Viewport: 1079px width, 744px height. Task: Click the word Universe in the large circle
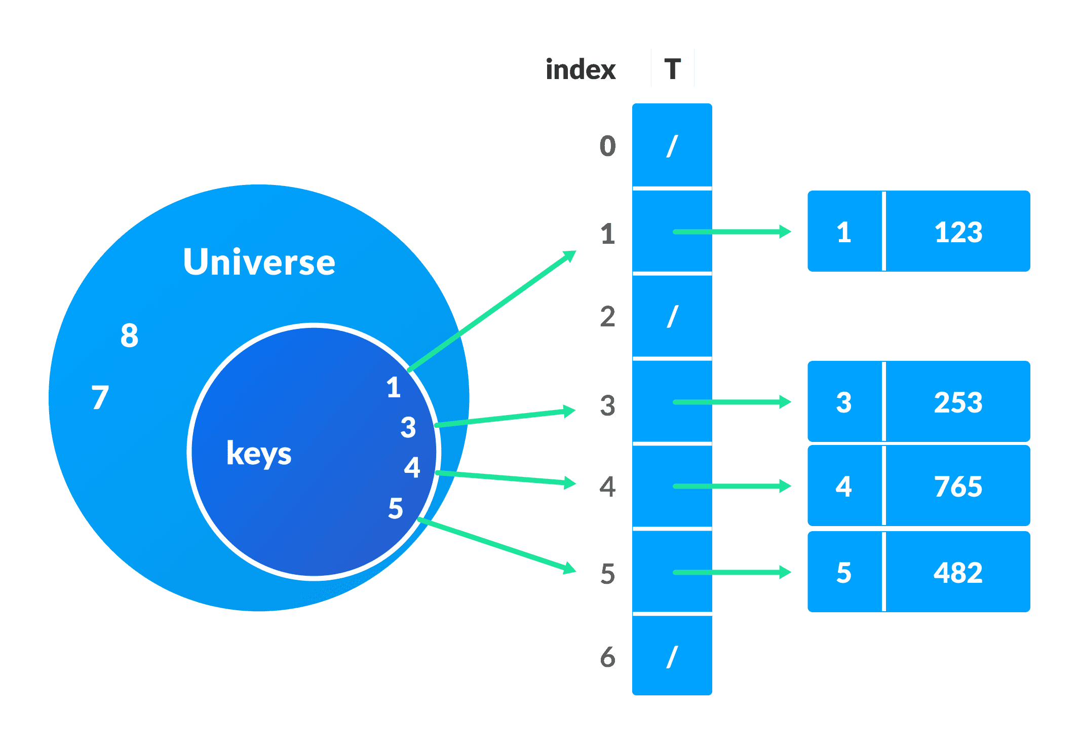[x=259, y=262]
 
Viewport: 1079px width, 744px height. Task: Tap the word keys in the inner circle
[x=259, y=453]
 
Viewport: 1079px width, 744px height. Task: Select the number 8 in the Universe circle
[x=129, y=336]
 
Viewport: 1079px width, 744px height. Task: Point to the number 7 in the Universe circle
[x=100, y=397]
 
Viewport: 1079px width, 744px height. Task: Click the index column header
[x=581, y=69]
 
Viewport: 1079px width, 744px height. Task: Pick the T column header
[x=673, y=69]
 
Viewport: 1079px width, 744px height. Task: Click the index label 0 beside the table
[x=607, y=146]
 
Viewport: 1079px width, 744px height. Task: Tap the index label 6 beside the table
[x=607, y=657]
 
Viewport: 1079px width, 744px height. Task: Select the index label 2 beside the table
[x=607, y=317]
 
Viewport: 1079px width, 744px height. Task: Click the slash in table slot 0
[x=672, y=146]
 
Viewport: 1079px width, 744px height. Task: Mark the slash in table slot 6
[x=672, y=657]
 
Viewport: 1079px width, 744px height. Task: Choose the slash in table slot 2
[x=672, y=317]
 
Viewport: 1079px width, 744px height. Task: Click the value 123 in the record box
[x=958, y=233]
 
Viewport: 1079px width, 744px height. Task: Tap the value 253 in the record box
[x=958, y=403]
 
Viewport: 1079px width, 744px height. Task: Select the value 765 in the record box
[x=958, y=487]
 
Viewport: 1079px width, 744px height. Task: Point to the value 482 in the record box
[x=958, y=573]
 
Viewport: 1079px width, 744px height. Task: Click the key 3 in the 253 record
[x=843, y=403]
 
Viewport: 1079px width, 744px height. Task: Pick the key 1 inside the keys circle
[x=394, y=387]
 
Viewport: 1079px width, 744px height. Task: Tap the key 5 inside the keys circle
[x=396, y=508]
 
